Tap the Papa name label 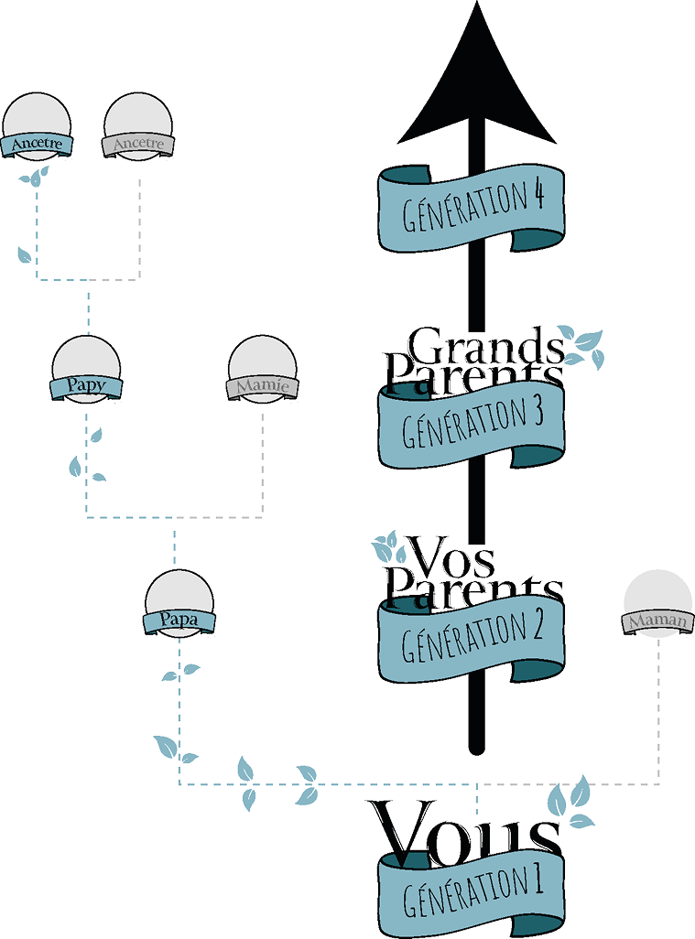(x=179, y=622)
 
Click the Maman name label (x=657, y=622)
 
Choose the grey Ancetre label (x=137, y=145)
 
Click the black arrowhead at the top (x=476, y=92)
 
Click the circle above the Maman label (x=657, y=595)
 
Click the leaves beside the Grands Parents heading (x=582, y=344)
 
